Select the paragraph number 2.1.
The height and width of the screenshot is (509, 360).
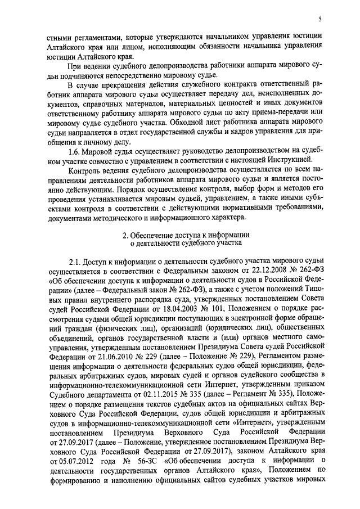(x=75, y=262)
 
